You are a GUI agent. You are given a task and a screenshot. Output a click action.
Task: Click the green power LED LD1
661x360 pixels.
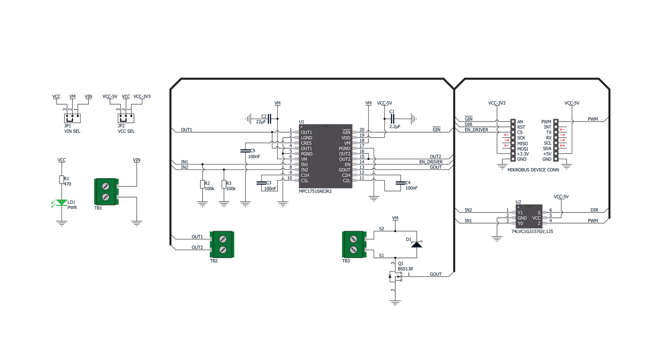pyautogui.click(x=62, y=203)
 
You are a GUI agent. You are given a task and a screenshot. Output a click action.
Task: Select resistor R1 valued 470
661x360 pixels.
pyautogui.click(x=62, y=179)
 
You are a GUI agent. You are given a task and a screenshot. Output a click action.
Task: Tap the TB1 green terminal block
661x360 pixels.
pyautogui.click(x=106, y=191)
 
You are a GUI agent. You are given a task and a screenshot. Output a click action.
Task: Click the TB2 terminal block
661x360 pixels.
pyautogui.click(x=222, y=244)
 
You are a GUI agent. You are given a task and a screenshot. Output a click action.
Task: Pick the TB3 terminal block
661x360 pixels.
pyautogui.click(x=354, y=244)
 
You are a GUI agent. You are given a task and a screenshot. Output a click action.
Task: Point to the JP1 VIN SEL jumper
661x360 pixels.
pyautogui.click(x=72, y=118)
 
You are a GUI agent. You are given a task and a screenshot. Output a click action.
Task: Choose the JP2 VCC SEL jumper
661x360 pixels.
pyautogui.click(x=126, y=118)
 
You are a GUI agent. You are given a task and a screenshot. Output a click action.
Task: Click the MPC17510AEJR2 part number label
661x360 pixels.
pyautogui.click(x=315, y=191)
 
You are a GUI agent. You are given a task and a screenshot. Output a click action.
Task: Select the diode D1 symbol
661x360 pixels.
pyautogui.click(x=417, y=244)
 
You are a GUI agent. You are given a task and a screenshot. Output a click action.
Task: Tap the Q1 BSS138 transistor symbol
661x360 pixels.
pyautogui.click(x=396, y=277)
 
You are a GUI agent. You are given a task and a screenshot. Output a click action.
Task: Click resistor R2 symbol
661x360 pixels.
pyautogui.click(x=203, y=184)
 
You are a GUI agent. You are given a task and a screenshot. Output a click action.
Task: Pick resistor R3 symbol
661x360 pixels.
pyautogui.click(x=224, y=184)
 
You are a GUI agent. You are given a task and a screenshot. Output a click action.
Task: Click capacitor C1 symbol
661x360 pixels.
pyautogui.click(x=392, y=119)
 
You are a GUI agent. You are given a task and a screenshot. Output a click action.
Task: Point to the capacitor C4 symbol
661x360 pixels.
pyautogui.click(x=401, y=183)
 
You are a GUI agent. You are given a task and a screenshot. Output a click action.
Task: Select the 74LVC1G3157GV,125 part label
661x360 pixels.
pyautogui.click(x=532, y=231)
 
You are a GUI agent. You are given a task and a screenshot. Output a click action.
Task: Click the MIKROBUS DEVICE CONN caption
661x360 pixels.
pyautogui.click(x=533, y=170)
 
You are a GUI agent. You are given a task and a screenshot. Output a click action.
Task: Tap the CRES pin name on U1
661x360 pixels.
pyautogui.click(x=306, y=143)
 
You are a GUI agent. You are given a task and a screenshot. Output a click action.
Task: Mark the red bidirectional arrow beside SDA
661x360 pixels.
pyautogui.click(x=563, y=146)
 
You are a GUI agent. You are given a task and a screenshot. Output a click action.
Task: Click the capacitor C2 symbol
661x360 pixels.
pyautogui.click(x=269, y=119)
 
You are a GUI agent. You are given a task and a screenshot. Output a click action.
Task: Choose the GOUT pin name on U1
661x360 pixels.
pyautogui.click(x=344, y=170)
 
